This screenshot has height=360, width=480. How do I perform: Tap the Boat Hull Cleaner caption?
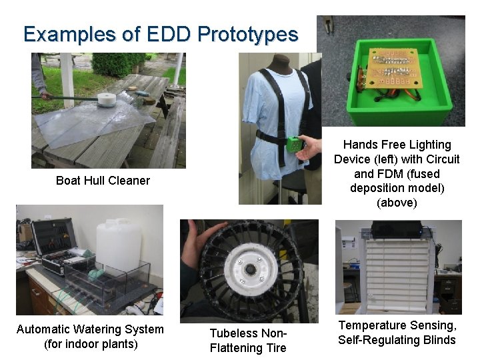(103, 181)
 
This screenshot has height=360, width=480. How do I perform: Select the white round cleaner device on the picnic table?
(107, 100)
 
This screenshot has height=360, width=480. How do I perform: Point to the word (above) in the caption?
(397, 203)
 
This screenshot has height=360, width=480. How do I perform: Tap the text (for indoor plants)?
(90, 344)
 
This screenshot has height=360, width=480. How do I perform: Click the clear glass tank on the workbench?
(100, 280)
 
